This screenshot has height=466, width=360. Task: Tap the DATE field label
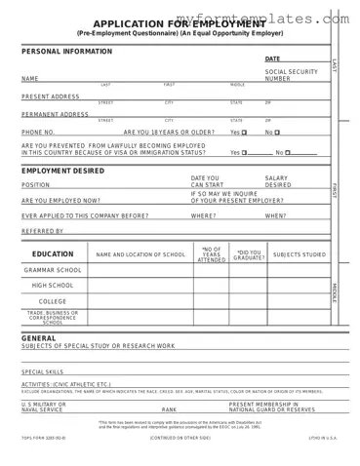point(272,59)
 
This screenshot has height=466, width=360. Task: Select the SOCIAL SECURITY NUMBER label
point(291,75)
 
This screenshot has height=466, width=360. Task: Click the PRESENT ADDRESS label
point(50,97)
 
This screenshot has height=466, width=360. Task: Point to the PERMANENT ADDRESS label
point(55,114)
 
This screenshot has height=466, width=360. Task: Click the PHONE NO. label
point(38,132)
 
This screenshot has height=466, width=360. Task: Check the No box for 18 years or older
point(277,132)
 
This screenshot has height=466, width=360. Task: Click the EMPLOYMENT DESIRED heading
point(62,170)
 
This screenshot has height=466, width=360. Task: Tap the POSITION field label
point(35,184)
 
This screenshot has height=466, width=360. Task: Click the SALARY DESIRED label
point(277,181)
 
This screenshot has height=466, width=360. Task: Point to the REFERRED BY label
point(42,231)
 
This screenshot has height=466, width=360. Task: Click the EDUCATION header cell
point(53,253)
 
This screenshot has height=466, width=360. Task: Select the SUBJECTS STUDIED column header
point(300,254)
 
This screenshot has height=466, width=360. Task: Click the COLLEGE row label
point(53,301)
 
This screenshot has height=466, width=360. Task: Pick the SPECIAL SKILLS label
point(42,371)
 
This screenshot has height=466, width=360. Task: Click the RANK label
point(169,409)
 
